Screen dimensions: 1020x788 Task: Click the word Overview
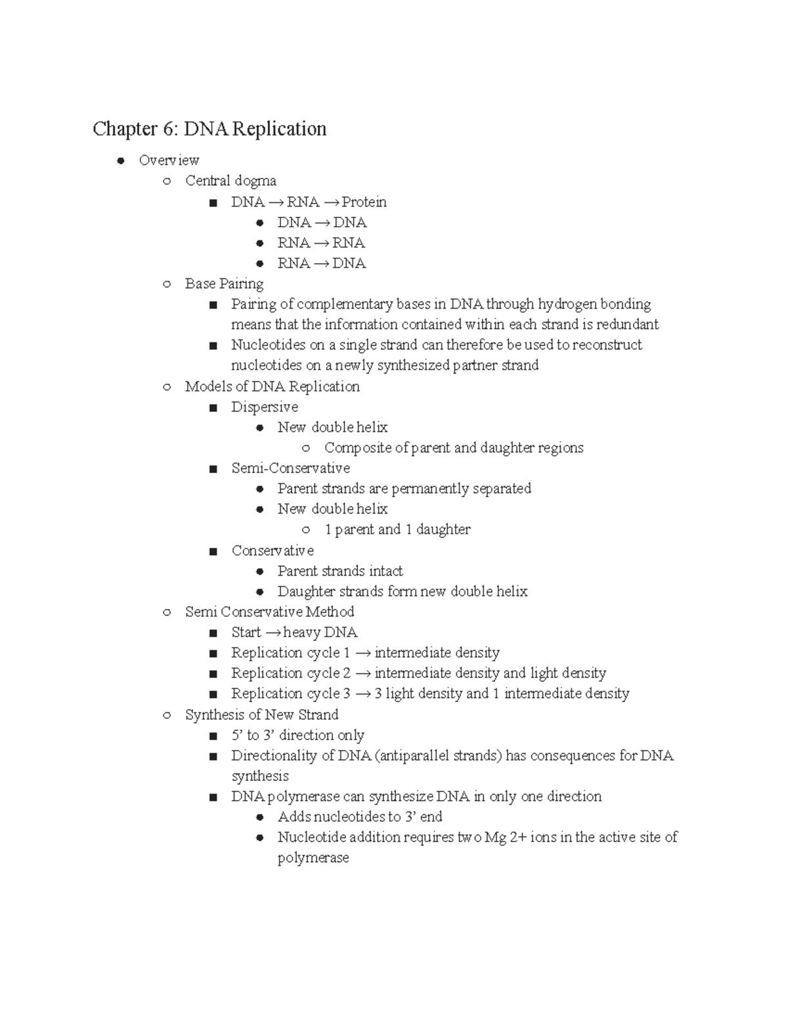tap(169, 160)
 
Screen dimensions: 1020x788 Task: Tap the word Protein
tap(364, 202)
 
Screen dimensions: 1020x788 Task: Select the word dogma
tap(255, 181)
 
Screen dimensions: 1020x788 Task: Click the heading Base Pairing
tap(224, 284)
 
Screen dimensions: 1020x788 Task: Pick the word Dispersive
tap(264, 407)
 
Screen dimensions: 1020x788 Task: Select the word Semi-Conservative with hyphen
tap(290, 468)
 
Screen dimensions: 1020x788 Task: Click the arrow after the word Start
tap(273, 633)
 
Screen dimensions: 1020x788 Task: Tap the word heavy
tap(302, 632)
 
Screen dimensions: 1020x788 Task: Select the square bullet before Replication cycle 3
tap(213, 694)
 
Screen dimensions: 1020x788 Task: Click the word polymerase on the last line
tap(313, 858)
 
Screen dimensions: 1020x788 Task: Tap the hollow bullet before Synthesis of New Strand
tap(167, 715)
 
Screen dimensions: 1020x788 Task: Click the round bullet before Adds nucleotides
tap(259, 818)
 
